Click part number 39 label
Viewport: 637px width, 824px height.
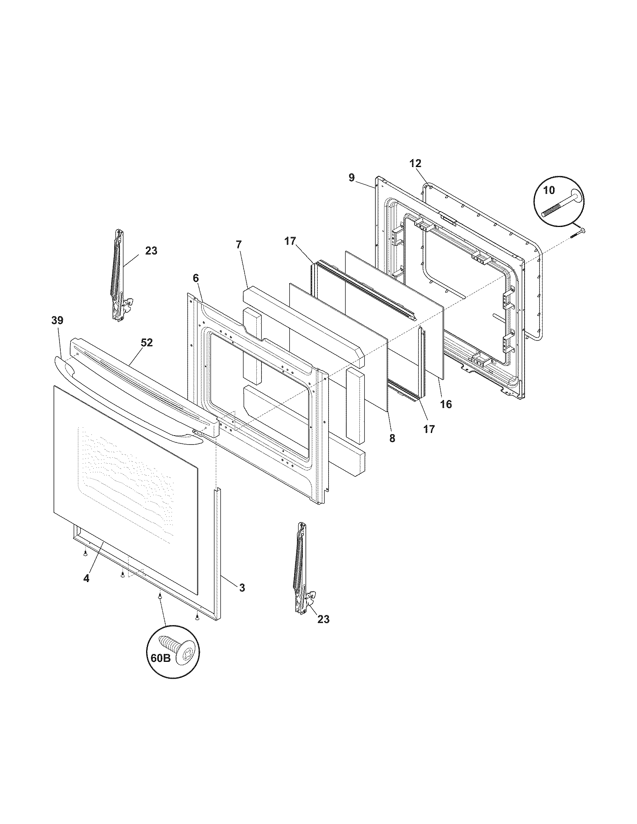(57, 321)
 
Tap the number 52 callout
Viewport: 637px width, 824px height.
(147, 343)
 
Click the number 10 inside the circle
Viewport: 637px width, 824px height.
(549, 190)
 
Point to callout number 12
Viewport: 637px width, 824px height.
(415, 164)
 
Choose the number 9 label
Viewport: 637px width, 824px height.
(351, 178)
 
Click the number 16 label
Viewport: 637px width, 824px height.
(446, 405)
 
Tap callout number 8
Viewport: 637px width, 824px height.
(392, 439)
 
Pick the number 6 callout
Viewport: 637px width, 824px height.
(195, 278)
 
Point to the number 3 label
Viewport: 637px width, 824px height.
(242, 587)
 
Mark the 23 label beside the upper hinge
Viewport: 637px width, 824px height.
(151, 251)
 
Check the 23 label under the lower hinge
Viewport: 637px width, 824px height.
(323, 619)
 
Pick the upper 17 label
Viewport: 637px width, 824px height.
(290, 241)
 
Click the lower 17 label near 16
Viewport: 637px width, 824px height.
(429, 429)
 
